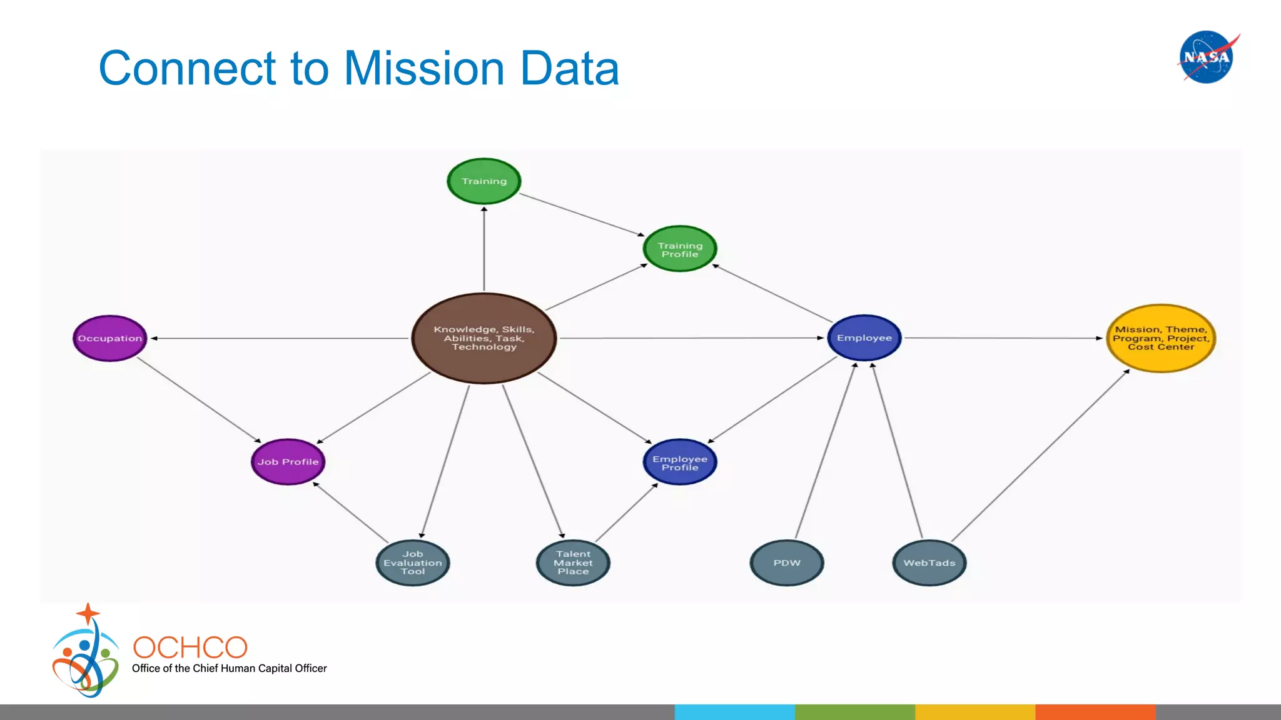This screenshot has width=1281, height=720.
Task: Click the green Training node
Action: pyautogui.click(x=484, y=181)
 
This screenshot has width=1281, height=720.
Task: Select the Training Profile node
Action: pyautogui.click(x=680, y=249)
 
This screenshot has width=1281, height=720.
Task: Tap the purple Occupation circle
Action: pyautogui.click(x=110, y=338)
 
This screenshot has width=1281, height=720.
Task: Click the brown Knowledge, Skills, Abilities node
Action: pyautogui.click(x=484, y=338)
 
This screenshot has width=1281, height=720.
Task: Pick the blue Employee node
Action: pyautogui.click(x=864, y=338)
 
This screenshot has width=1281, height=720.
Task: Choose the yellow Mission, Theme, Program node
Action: pyautogui.click(x=1161, y=338)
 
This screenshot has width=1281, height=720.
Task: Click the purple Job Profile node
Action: pyautogui.click(x=288, y=462)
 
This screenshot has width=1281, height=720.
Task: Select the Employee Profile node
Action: pyautogui.click(x=680, y=462)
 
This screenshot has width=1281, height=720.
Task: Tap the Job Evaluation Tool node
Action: pyautogui.click(x=413, y=562)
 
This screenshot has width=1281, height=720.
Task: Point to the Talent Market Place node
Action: pyautogui.click(x=573, y=562)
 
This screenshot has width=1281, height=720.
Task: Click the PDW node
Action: pyautogui.click(x=787, y=562)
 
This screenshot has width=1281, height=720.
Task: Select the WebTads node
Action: pyautogui.click(x=929, y=562)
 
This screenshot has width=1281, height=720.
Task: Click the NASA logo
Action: pyautogui.click(x=1207, y=57)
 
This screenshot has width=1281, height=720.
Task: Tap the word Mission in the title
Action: pyautogui.click(x=424, y=68)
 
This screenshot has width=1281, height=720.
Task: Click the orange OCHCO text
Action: pyautogui.click(x=190, y=647)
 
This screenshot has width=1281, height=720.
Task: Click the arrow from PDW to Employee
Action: pyautogui.click(x=826, y=450)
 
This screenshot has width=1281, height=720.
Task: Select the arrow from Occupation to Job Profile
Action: pyautogui.click(x=199, y=400)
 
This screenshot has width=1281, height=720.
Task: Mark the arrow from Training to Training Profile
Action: pyautogui.click(x=582, y=214)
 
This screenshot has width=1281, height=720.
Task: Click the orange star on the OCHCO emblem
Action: pyautogui.click(x=88, y=613)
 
